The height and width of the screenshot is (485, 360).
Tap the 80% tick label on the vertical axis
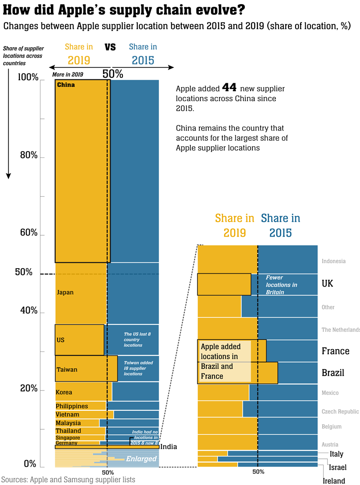29,155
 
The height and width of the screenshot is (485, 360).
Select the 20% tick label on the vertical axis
29,388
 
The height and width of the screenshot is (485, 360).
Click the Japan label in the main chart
65,292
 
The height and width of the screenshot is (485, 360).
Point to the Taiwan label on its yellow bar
67,370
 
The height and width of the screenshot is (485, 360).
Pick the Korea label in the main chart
64,392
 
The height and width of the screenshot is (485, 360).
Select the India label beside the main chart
168,447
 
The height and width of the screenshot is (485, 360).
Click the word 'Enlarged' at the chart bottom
141,459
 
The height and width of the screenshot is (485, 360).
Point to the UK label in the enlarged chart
328,284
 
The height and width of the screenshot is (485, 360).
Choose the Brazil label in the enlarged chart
333,373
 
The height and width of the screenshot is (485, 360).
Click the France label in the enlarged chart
335,351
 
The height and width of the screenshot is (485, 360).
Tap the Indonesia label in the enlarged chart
333,261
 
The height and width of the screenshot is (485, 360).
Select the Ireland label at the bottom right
334,481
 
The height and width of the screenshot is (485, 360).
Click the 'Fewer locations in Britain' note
281,285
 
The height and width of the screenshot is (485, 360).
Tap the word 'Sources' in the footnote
13,480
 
